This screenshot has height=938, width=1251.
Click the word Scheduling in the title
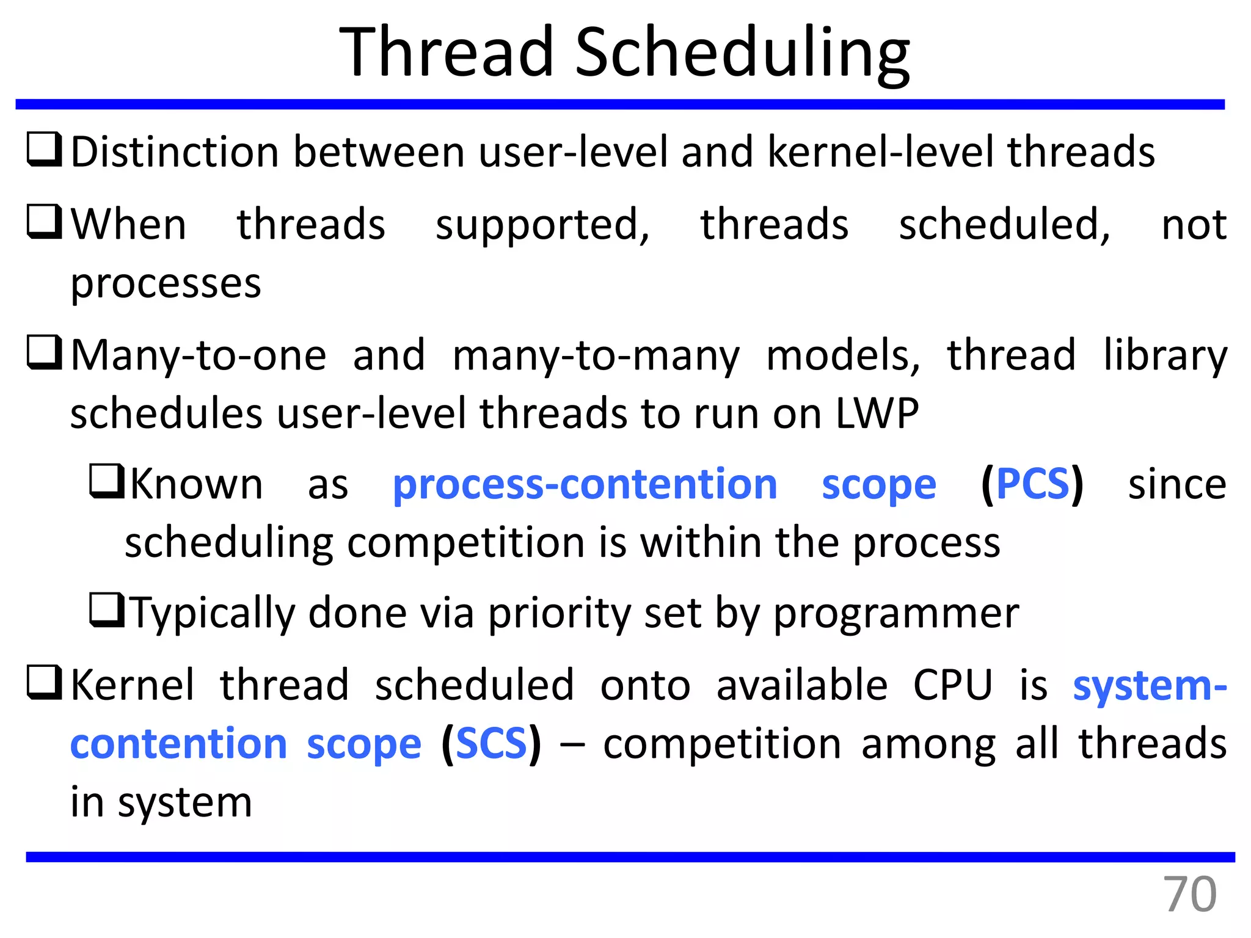tap(742, 55)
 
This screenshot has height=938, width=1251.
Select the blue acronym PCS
tap(1032, 484)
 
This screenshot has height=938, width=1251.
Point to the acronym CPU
tap(952, 685)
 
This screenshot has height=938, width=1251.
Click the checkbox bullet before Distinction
tap(45, 150)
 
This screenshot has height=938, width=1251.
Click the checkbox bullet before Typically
tap(107, 610)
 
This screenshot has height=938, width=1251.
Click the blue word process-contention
tap(585, 484)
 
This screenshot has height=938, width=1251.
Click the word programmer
tap(896, 613)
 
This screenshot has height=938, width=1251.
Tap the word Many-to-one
tap(199, 355)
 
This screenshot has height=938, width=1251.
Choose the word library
tap(1165, 357)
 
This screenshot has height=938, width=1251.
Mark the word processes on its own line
tap(166, 284)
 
